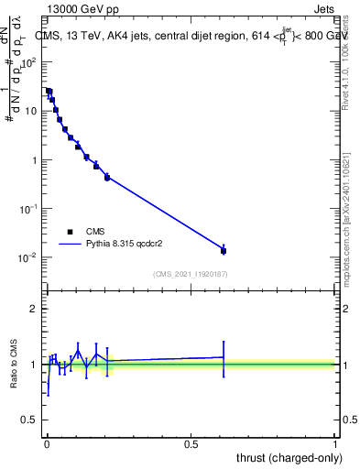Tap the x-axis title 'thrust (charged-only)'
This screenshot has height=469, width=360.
[x=286, y=456]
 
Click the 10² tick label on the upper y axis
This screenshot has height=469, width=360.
[x=29, y=62]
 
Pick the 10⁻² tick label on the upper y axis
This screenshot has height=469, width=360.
[x=29, y=257]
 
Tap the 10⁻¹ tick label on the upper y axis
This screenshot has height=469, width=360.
[x=29, y=209]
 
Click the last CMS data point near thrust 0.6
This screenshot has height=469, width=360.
[x=224, y=250]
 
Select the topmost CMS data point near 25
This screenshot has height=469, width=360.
[x=49, y=92]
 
